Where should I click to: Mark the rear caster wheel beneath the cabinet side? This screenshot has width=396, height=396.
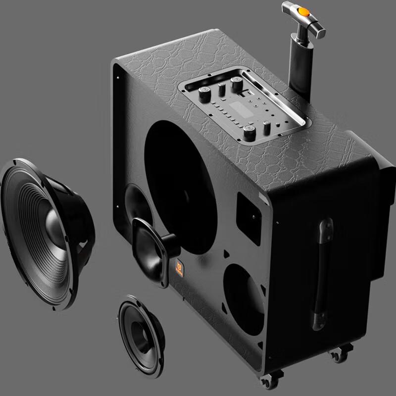(x=337, y=354)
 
